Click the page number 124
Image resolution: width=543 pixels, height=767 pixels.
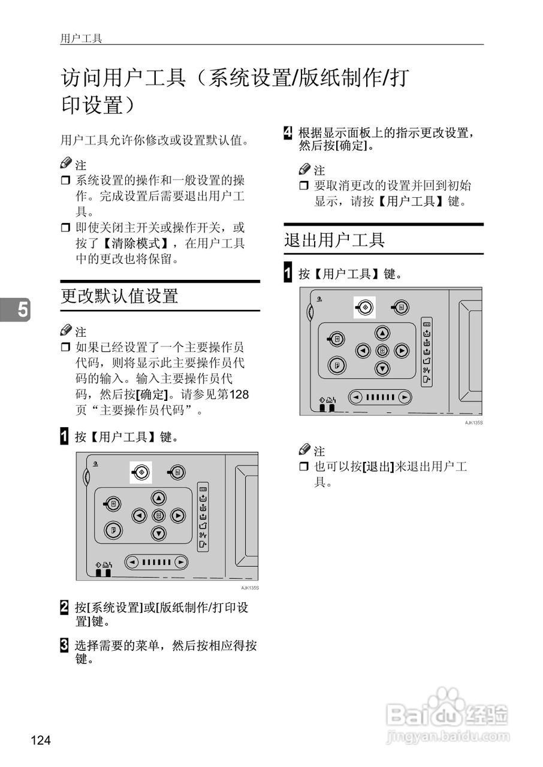(x=41, y=741)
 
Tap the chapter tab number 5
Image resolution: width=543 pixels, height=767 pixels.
(x=22, y=310)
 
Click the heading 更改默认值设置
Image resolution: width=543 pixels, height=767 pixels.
(x=119, y=296)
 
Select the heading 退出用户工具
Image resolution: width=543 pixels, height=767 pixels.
(x=334, y=240)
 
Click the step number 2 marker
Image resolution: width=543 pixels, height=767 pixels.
(x=64, y=607)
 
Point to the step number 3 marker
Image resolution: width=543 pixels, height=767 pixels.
(x=64, y=646)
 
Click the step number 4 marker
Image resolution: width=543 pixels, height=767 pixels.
(x=288, y=132)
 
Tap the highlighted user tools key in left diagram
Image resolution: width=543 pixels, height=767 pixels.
(x=141, y=472)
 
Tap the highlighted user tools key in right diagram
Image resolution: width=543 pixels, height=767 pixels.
(x=364, y=307)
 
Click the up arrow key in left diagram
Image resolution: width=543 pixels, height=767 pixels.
(x=158, y=498)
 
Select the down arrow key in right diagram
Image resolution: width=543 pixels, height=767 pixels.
(x=382, y=368)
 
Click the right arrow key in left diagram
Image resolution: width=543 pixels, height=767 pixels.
(x=178, y=515)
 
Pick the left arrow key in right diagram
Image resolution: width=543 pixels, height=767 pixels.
(x=363, y=351)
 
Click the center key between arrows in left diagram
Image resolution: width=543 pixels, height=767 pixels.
(x=158, y=515)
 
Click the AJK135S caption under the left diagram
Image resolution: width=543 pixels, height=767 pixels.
(x=250, y=588)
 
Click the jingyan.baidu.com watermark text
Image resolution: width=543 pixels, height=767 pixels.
(x=448, y=736)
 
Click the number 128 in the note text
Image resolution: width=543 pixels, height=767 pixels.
(x=239, y=395)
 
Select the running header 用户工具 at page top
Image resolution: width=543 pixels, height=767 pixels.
(x=81, y=38)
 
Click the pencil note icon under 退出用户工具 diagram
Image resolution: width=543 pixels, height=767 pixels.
(x=305, y=450)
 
